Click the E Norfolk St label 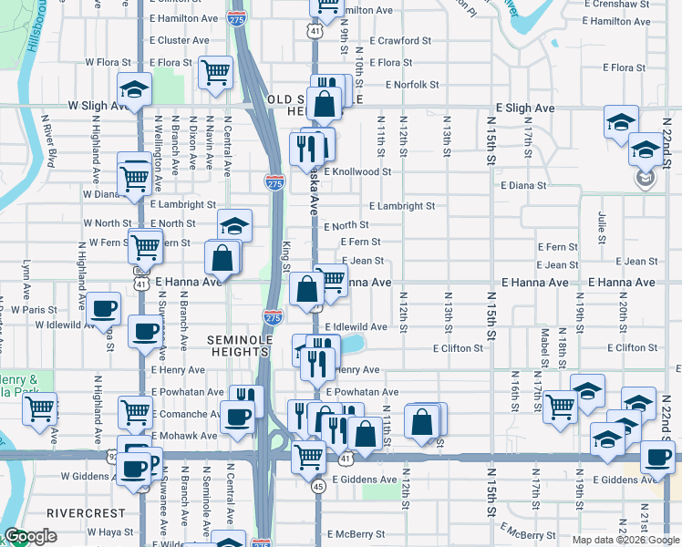click(412, 85)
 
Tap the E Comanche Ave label click(187, 414)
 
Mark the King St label click(285, 254)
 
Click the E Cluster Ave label click(183, 41)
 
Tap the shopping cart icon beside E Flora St click(215, 72)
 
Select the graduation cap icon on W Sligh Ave click(134, 89)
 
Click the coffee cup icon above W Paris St click(104, 307)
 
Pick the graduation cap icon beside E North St click(234, 225)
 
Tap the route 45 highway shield click(317, 487)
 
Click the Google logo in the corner click(30, 536)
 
